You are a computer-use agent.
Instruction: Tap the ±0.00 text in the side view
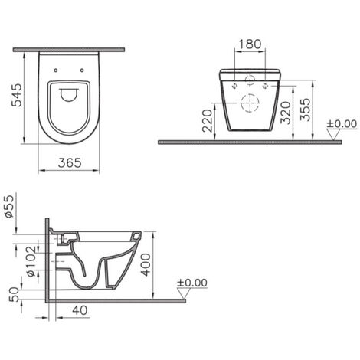(x=191, y=283)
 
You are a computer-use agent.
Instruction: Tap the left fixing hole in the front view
(x=231, y=87)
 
